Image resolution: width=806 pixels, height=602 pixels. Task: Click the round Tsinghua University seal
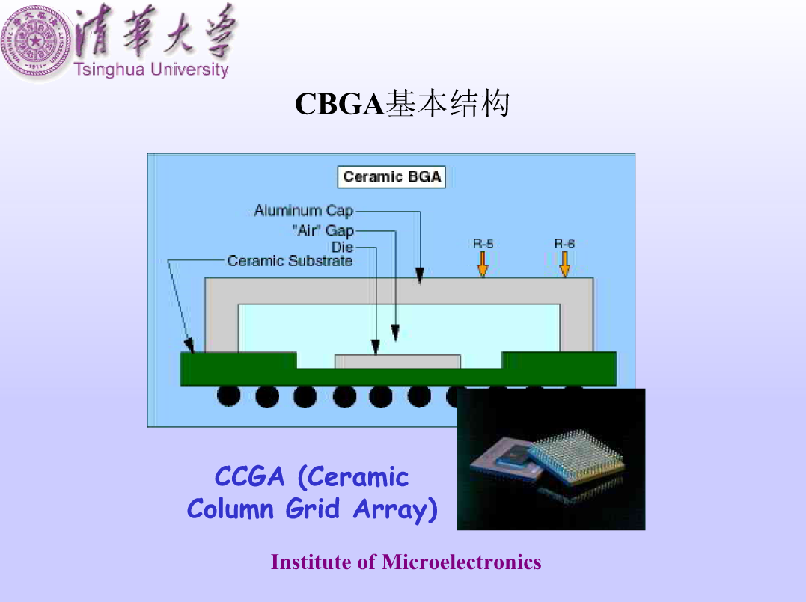pos(35,42)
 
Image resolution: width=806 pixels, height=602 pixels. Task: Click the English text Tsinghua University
pos(151,70)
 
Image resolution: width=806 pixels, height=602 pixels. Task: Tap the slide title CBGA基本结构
pos(402,104)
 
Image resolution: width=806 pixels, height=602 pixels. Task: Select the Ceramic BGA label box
pos(391,176)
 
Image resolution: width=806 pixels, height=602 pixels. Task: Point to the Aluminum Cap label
pos(304,211)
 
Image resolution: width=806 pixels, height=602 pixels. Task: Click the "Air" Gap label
pos(323,230)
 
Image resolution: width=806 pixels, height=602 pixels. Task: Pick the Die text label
pos(342,247)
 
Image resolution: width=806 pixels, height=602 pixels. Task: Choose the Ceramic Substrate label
pos(290,261)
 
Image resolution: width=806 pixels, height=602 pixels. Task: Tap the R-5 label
pos(483,244)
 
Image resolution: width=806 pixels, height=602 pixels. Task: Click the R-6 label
pos(564,244)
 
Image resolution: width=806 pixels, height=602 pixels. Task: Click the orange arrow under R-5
pos(483,264)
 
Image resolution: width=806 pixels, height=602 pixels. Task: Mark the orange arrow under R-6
pos(564,264)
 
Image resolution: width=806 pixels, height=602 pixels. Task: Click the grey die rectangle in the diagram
pos(397,362)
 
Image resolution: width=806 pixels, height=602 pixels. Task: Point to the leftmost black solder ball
pos(229,396)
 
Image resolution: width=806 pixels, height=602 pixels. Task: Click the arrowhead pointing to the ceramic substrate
pos(189,345)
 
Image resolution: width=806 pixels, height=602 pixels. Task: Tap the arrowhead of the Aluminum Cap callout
pos(420,276)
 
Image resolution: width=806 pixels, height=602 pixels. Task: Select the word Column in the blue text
pos(230,509)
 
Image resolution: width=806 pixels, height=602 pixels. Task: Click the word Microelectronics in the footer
pos(461,562)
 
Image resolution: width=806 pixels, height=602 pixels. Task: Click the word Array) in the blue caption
pos(395,509)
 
